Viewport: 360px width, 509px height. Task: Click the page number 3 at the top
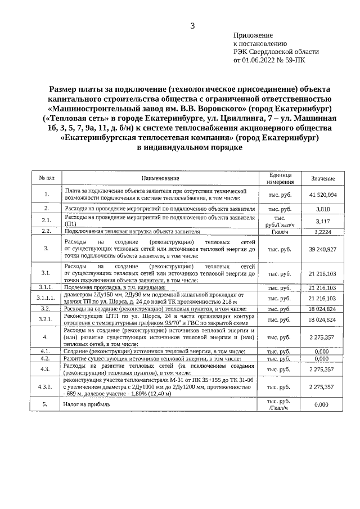[192, 26]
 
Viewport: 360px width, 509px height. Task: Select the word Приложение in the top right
[253, 35]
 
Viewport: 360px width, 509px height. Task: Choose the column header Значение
[322, 178]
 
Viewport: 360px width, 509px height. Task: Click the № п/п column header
[46, 178]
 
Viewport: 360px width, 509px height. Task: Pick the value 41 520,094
[322, 195]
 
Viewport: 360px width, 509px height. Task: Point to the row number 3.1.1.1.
[46, 298]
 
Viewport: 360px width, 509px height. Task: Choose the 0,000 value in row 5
[322, 404]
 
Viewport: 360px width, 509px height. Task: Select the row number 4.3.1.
[46, 387]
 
